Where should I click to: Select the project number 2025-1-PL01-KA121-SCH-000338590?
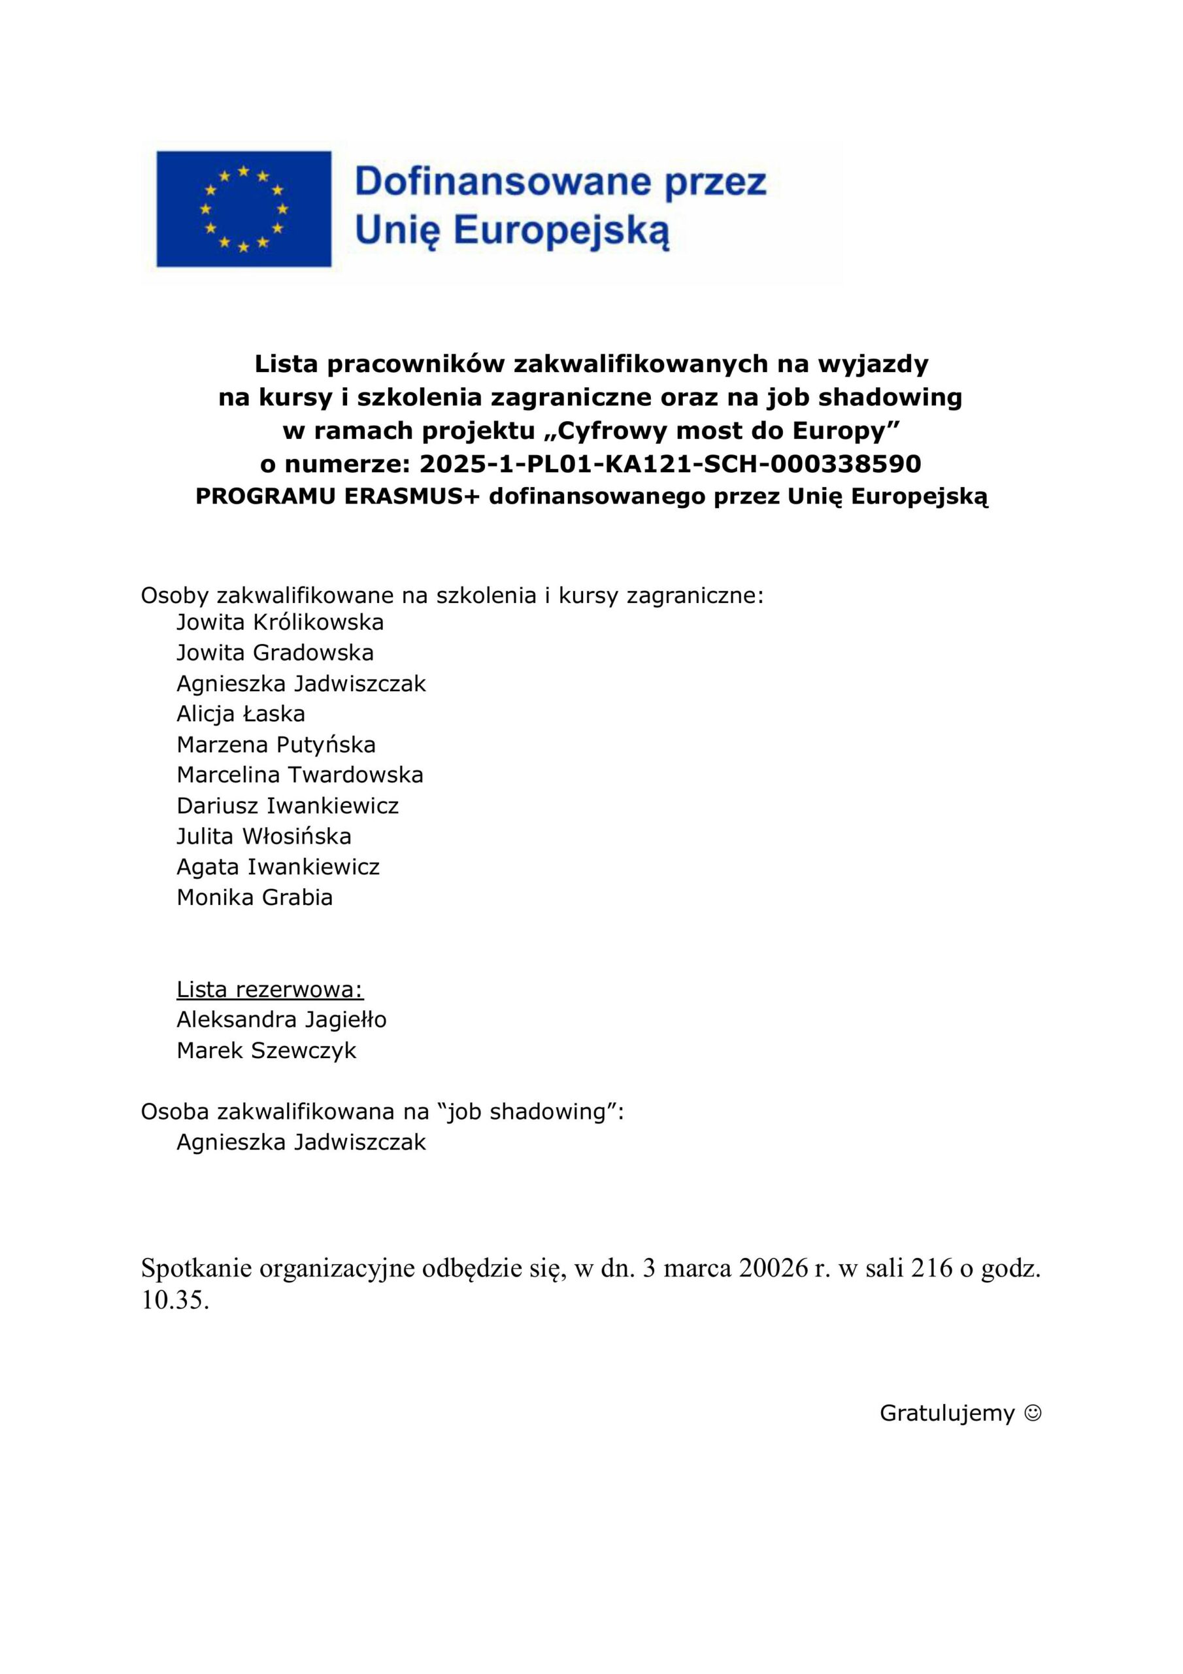(x=671, y=464)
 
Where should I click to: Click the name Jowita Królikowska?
(x=280, y=623)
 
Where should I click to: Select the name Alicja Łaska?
(x=241, y=714)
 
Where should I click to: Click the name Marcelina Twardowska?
(x=299, y=774)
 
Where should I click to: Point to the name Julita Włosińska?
(x=264, y=836)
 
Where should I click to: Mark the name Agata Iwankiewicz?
(x=278, y=867)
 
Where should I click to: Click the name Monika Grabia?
(x=254, y=898)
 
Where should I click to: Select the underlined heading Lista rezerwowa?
(x=270, y=989)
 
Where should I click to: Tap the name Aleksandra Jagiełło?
(x=281, y=1019)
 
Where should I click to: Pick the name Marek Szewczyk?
(x=266, y=1051)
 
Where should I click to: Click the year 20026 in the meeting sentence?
(x=773, y=1269)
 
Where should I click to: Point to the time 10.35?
(x=175, y=1301)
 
